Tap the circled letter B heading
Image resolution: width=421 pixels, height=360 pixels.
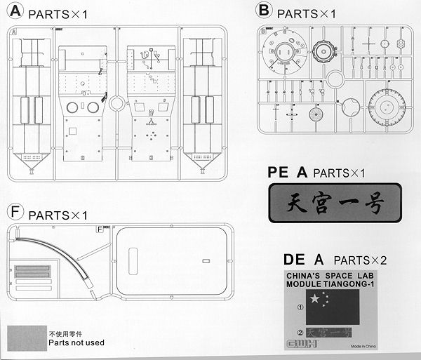264,11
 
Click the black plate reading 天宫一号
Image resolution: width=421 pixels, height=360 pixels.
335,203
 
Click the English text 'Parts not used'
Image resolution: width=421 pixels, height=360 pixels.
76,344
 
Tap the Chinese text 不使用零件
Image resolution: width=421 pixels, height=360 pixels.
67,333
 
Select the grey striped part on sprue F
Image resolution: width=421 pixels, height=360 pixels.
33,273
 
